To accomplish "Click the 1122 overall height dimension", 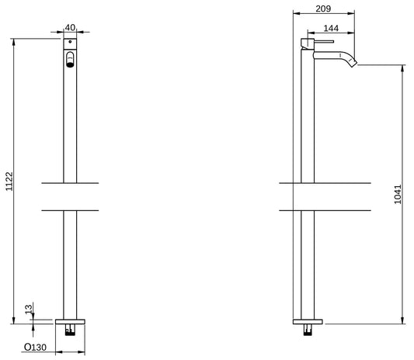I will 9,181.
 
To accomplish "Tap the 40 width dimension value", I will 70,28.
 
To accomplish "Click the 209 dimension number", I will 324,9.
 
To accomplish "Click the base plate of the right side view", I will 308,320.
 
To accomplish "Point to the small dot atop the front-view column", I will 70,45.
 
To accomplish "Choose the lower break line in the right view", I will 308,210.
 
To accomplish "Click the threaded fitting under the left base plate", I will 71,329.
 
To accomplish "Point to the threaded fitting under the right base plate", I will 309,329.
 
